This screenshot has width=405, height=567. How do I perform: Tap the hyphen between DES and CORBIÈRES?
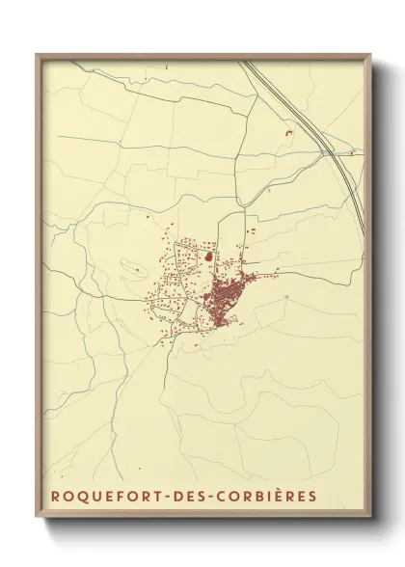pyautogui.click(x=205, y=497)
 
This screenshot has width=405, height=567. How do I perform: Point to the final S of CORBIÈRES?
pyautogui.click(x=312, y=497)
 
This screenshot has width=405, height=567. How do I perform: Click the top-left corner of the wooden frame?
pyautogui.click(x=37, y=54)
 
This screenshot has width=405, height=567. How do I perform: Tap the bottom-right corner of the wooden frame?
pyautogui.click(x=374, y=520)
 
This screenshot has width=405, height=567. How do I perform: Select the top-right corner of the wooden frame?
pyautogui.click(x=374, y=54)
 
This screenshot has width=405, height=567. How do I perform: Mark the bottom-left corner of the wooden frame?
pyautogui.click(x=37, y=520)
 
